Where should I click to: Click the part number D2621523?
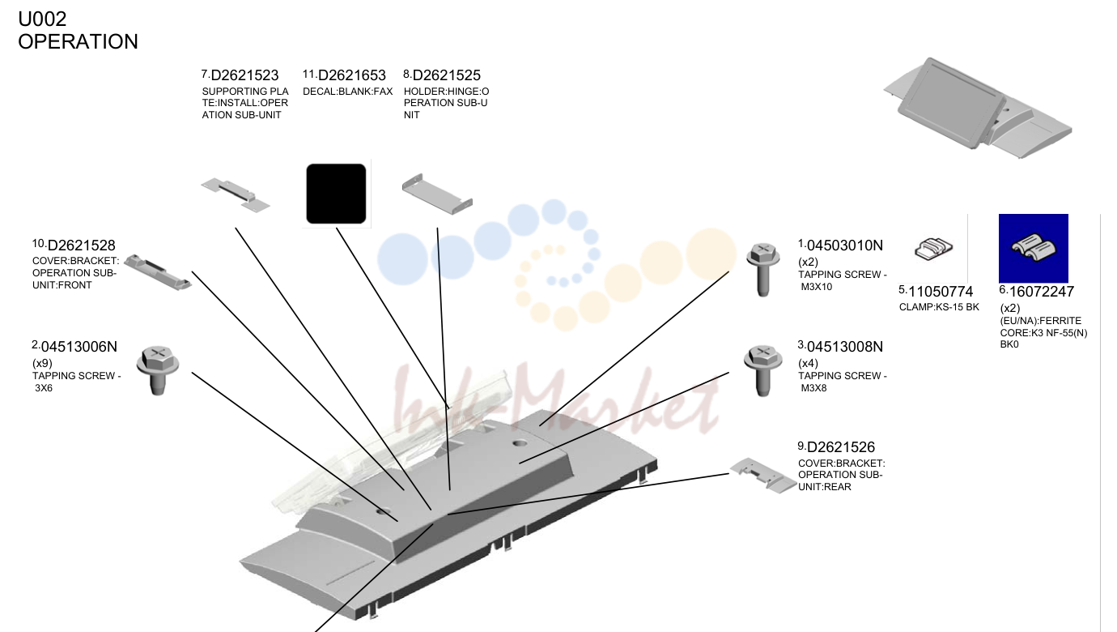244,75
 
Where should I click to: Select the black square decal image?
336,194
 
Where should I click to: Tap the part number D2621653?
351,75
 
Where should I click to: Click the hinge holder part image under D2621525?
437,194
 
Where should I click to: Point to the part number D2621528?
81,246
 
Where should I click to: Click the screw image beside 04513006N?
158,370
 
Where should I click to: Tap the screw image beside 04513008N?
762,370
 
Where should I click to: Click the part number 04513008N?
845,347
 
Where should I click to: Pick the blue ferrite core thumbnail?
1033,248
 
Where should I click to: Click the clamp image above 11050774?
933,249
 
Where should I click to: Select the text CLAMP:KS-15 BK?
939,307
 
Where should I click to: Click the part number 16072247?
1041,292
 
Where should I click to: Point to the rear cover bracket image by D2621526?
763,476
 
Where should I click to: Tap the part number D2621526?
841,447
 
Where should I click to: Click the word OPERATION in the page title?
78,42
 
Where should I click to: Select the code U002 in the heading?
42,19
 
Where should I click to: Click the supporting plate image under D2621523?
236,194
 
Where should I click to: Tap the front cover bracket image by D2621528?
158,272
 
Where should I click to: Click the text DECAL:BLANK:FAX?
347,92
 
